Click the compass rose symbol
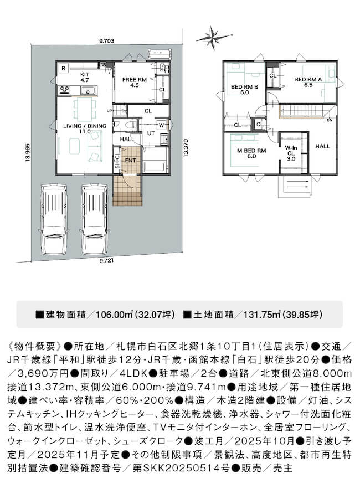[x=213, y=38]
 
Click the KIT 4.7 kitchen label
[x=85, y=77]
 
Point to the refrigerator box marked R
[x=64, y=68]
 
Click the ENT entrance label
[x=131, y=161]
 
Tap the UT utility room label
[x=151, y=133]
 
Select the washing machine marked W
[x=161, y=125]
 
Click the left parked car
[x=53, y=219]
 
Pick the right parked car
[x=95, y=219]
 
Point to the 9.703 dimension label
[x=107, y=41]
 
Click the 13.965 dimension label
[x=28, y=152]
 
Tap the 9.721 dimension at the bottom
[x=106, y=261]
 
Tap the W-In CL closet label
[x=291, y=153]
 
